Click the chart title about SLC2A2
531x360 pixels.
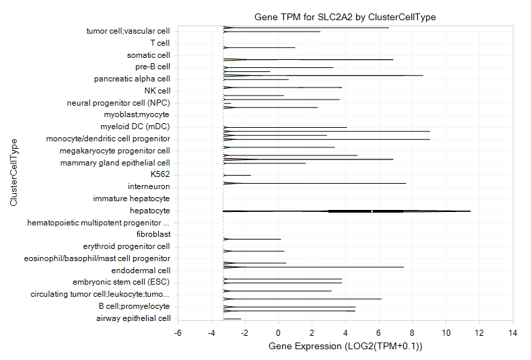pyautogui.click(x=345, y=17)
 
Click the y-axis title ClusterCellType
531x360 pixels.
pyautogui.click(x=13, y=172)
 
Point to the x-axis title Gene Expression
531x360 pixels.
pyautogui.click(x=345, y=346)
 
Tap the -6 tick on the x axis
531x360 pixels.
pyautogui.click(x=178, y=333)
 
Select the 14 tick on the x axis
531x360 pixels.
pyautogui.click(x=513, y=333)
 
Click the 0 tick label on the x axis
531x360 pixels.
pyautogui.click(x=279, y=333)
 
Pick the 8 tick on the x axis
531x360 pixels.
pyautogui.click(x=412, y=333)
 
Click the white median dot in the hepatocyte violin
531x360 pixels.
pyautogui.click(x=372, y=211)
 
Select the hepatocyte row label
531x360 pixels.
pyautogui.click(x=149, y=211)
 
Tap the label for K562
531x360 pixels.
pyautogui.click(x=160, y=174)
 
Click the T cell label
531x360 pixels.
pyautogui.click(x=160, y=43)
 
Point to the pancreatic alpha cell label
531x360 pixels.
pyautogui.click(x=132, y=79)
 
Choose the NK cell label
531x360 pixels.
pyautogui.click(x=157, y=91)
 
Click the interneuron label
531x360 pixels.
pyautogui.click(x=149, y=186)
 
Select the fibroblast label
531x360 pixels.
pyautogui.click(x=153, y=234)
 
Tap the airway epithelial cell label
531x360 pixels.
pyautogui.click(x=133, y=318)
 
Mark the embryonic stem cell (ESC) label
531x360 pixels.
pyautogui.click(x=121, y=282)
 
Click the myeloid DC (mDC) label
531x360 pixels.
pyautogui.click(x=135, y=127)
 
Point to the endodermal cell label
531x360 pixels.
pyautogui.click(x=141, y=271)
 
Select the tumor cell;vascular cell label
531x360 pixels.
pyautogui.click(x=128, y=31)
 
